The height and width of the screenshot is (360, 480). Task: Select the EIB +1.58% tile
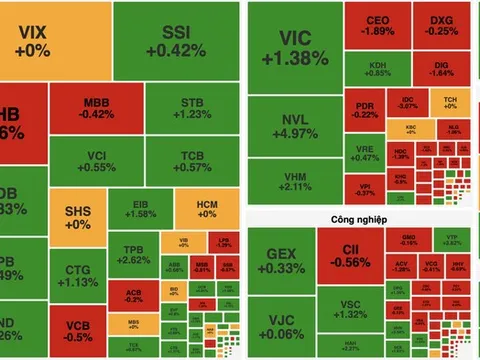(x=144, y=208)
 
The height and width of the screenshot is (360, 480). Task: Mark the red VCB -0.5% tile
(x=76, y=334)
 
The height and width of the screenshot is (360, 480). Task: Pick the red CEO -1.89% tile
(x=378, y=26)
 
